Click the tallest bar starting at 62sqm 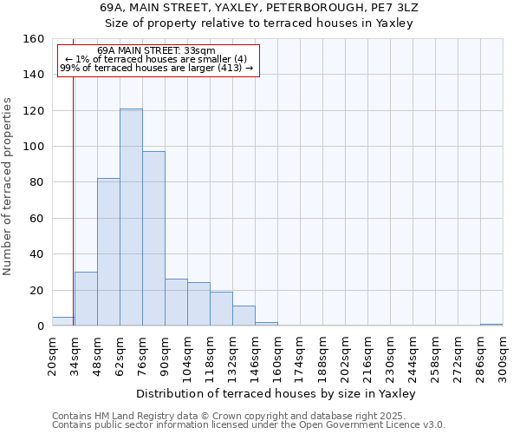coord(131,217)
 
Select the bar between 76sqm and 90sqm coord(153,239)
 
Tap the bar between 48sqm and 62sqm coord(108,252)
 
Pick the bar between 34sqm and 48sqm coord(86,299)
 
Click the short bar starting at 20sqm coord(62,321)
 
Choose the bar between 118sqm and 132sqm coord(221,309)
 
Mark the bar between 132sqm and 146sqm coord(244,316)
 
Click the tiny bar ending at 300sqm coord(491,325)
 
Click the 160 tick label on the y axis coord(33,39)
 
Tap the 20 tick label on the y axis coord(36,290)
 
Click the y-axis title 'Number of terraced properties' coord(9,187)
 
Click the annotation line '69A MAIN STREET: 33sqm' coord(156,51)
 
